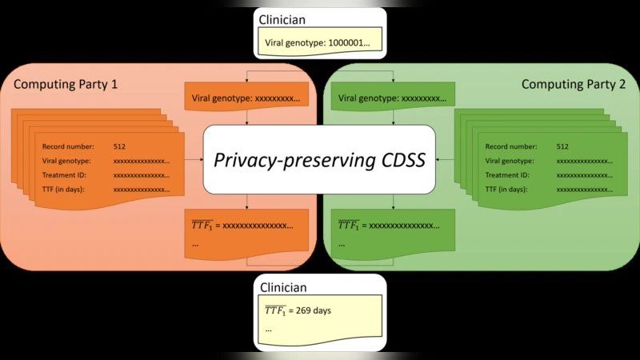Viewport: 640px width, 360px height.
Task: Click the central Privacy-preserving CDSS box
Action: pos(320,159)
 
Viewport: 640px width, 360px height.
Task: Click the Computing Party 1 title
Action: pos(66,83)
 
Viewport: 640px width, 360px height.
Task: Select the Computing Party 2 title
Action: pos(574,83)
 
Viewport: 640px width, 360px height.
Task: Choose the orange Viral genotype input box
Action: pos(246,99)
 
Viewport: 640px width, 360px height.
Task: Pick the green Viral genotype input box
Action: pos(393,99)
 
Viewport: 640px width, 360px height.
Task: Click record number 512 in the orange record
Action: pos(119,146)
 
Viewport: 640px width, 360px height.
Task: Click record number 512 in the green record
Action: pos(562,146)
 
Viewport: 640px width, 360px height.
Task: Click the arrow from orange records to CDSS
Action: pos(194,159)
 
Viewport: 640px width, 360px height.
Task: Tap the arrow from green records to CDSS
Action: pos(446,159)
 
